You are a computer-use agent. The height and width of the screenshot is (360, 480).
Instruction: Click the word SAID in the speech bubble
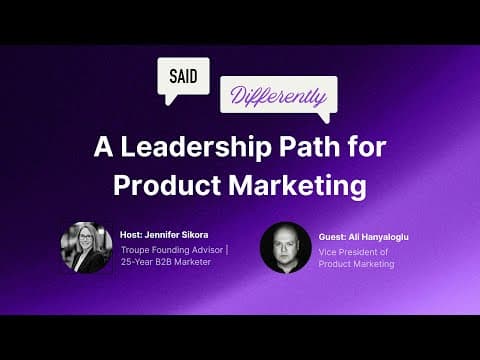click(x=183, y=76)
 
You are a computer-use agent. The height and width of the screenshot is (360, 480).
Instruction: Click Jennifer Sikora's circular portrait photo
click(x=86, y=248)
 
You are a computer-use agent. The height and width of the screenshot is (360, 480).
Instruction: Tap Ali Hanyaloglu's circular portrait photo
click(x=285, y=248)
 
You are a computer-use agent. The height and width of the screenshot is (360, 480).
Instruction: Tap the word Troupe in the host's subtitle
click(x=135, y=249)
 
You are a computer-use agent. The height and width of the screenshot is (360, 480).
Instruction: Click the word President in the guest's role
click(x=360, y=251)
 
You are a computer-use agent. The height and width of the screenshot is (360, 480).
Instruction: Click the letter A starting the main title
click(x=102, y=147)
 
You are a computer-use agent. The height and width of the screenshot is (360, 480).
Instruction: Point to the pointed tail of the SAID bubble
click(x=169, y=100)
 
